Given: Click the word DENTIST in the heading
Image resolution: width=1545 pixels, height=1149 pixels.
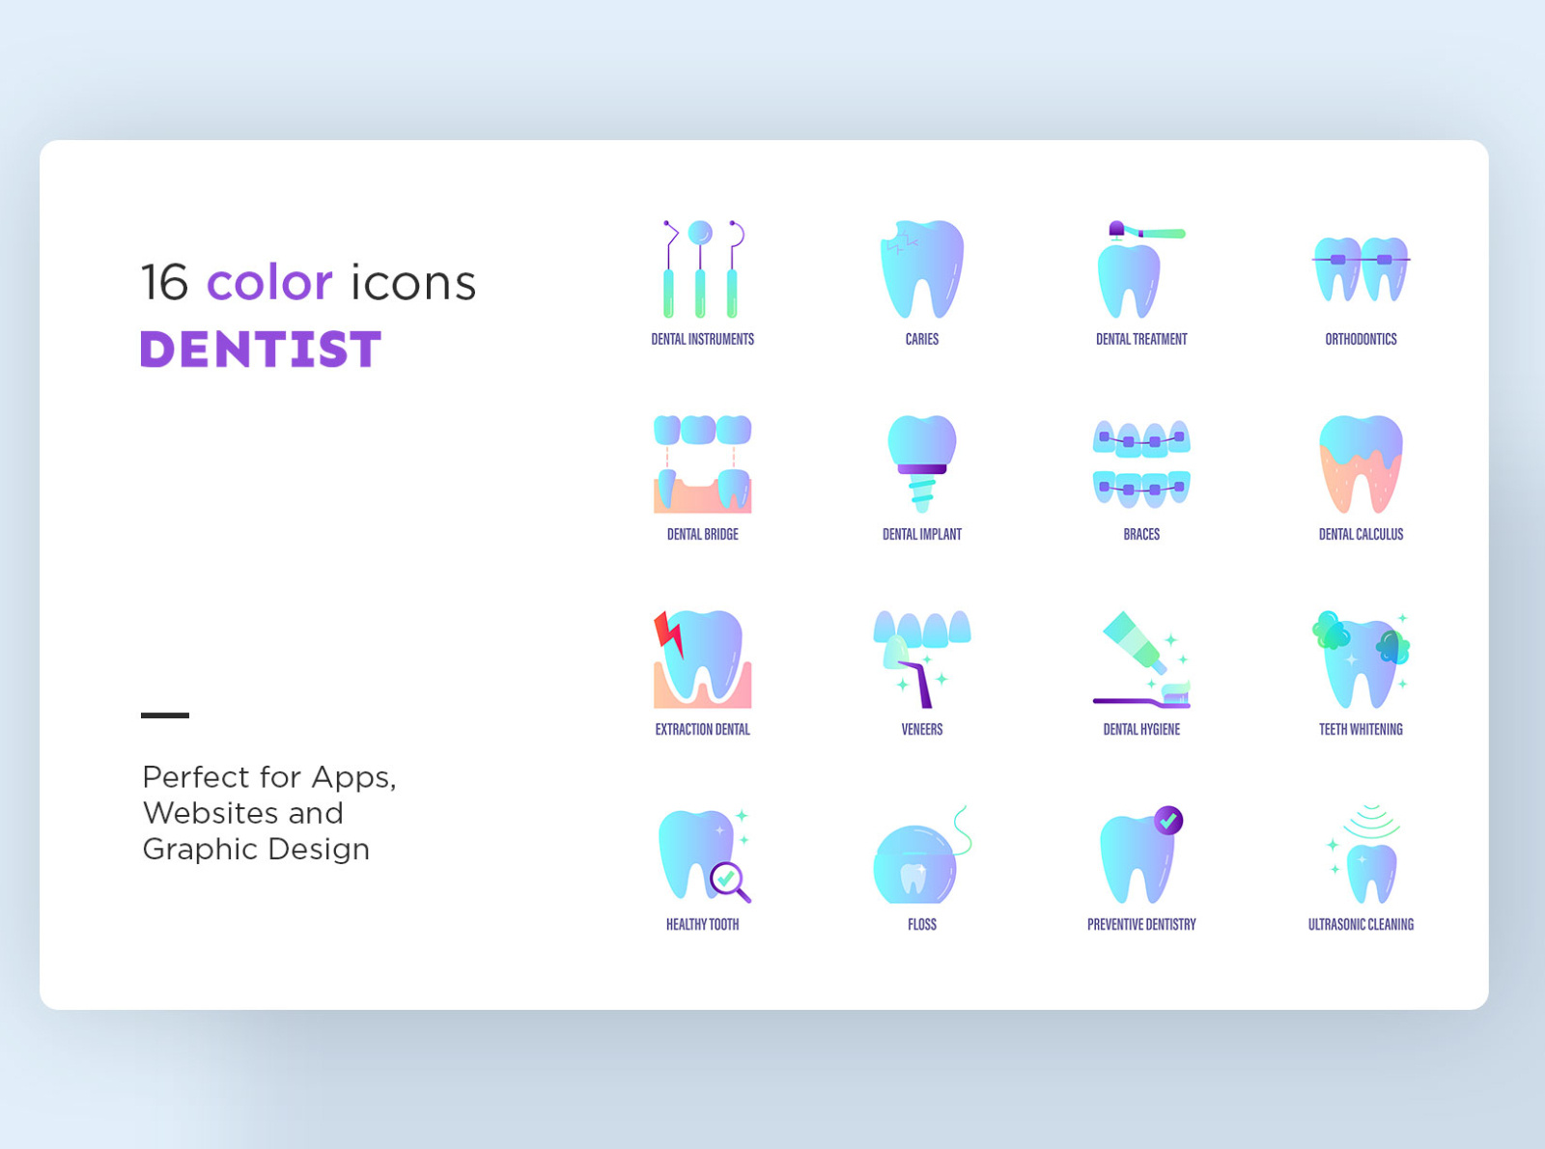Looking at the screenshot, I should pos(261,350).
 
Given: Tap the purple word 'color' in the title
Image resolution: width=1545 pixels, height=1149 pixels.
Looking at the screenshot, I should pos(269,282).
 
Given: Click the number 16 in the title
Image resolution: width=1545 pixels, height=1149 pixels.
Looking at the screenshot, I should pos(164,282).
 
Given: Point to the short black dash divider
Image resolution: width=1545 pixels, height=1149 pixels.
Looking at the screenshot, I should pos(165,715).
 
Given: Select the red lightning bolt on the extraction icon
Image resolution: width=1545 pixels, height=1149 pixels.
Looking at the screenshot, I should pos(667,633).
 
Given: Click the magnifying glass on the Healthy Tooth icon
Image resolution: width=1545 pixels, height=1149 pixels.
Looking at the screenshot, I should pos(729,881).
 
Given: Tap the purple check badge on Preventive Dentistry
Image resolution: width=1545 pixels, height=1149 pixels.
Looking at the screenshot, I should pos(1168,821).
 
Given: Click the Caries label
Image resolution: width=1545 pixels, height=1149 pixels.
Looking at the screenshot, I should pos(922,339).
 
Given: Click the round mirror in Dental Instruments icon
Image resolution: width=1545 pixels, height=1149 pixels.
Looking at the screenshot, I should pos(700,233).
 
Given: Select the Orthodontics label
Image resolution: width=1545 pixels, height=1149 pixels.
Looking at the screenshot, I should pos(1361,339).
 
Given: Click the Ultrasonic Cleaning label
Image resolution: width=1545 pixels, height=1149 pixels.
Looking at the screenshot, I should pos(1361,924).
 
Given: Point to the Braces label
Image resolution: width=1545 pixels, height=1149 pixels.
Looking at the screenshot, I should pos(1141,534).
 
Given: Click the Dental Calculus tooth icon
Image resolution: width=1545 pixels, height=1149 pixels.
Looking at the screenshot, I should pos(1361,463).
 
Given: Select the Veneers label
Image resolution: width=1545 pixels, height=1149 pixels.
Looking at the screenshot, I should pos(922,729).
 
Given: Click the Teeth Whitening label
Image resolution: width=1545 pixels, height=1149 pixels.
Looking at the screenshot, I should pos(1361,729).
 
